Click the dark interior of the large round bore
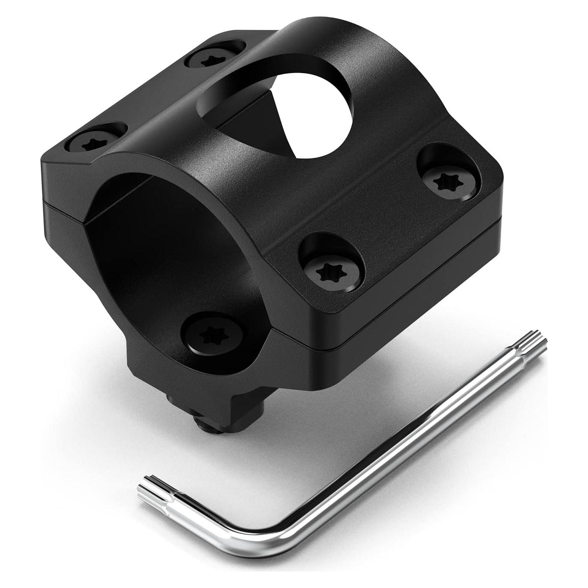point(161,237)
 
